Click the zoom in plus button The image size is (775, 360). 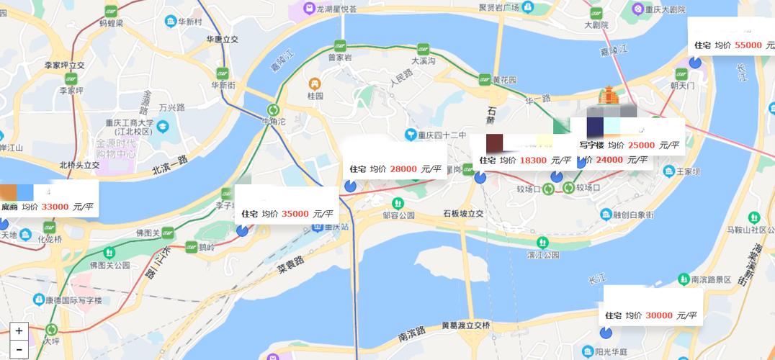click(x=19, y=331)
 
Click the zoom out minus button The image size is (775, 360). click(x=19, y=350)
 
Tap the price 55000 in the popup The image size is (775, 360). click(x=748, y=45)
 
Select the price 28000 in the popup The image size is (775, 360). click(x=403, y=168)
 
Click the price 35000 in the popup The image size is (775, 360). click(x=295, y=213)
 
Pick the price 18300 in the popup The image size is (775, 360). click(x=533, y=160)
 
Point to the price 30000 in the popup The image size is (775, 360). click(x=659, y=315)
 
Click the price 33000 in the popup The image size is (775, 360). click(x=55, y=207)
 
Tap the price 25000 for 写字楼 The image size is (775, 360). click(x=641, y=145)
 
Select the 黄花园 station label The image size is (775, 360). click(x=505, y=80)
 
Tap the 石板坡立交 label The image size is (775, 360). click(x=463, y=213)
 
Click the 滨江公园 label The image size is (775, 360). click(x=543, y=255)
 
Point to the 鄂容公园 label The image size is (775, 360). click(x=399, y=215)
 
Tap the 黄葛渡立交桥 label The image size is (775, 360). click(x=465, y=325)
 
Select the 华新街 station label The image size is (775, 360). click(x=223, y=85)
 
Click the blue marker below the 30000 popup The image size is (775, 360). click(x=606, y=332)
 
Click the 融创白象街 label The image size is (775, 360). click(x=633, y=215)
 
